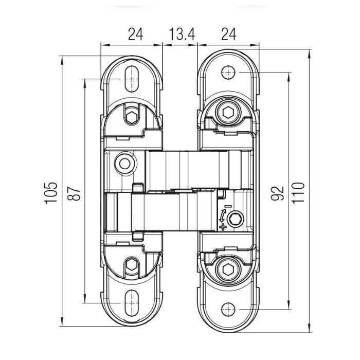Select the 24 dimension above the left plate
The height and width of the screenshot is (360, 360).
point(135,34)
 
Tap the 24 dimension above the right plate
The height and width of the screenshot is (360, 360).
point(228,34)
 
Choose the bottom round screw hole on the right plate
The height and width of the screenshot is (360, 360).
point(228,309)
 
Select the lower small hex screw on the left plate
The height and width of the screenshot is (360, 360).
point(132,265)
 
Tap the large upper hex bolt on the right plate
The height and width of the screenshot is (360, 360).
point(228,112)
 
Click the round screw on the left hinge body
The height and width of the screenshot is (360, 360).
point(123,163)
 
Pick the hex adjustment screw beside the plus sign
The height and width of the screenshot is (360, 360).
point(236,219)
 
